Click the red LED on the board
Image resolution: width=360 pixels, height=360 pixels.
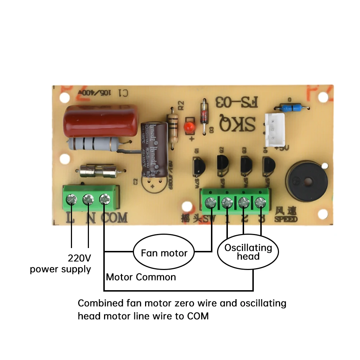point(188,127)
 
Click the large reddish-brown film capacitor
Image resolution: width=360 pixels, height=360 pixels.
point(100,120)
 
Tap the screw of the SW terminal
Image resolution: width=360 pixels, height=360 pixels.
point(210,203)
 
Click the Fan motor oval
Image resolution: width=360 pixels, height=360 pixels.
point(164,253)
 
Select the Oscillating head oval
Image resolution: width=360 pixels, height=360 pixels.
point(248,252)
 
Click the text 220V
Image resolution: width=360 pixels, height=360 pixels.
point(79,258)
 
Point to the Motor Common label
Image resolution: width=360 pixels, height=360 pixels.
point(141,277)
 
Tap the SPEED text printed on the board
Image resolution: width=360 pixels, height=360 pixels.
point(286,219)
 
